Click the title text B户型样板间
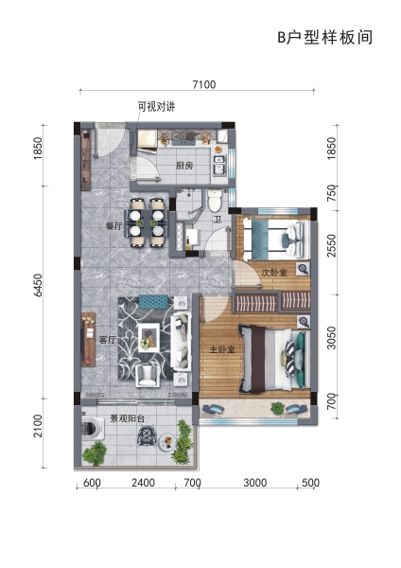[325, 37]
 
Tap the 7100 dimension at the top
[204, 84]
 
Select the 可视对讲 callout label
[156, 107]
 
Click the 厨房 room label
[184, 166]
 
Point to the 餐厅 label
[113, 226]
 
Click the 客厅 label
[107, 340]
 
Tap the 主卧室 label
[222, 349]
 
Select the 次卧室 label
[274, 272]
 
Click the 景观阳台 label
[128, 418]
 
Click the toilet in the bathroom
[215, 201]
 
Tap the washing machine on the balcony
[93, 428]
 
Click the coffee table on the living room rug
[148, 337]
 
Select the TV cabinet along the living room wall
[88, 340]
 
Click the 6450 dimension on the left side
[38, 285]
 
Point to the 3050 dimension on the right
[331, 338]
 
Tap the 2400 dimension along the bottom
[143, 483]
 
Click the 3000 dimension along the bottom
[255, 483]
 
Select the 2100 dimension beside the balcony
[38, 426]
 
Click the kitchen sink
[219, 165]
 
